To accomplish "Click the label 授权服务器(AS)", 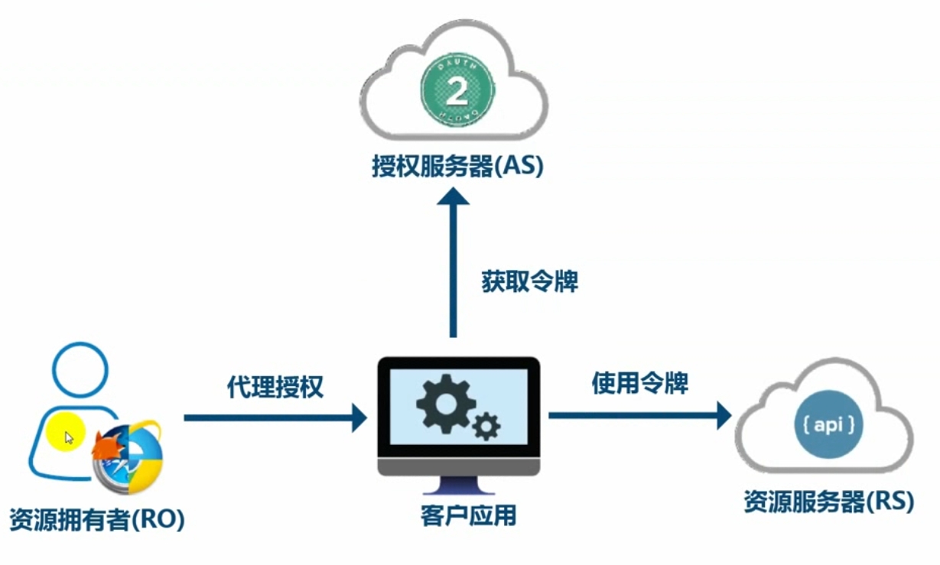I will click(457, 166).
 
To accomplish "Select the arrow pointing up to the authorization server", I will click(453, 260).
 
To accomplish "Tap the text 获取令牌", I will click(529, 281).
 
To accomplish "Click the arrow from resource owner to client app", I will click(275, 418).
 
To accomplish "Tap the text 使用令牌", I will click(640, 383).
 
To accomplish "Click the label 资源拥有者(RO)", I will click(97, 520).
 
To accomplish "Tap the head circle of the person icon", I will click(80, 369).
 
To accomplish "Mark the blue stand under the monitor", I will click(458, 486).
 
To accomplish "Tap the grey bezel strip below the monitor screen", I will click(459, 466).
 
